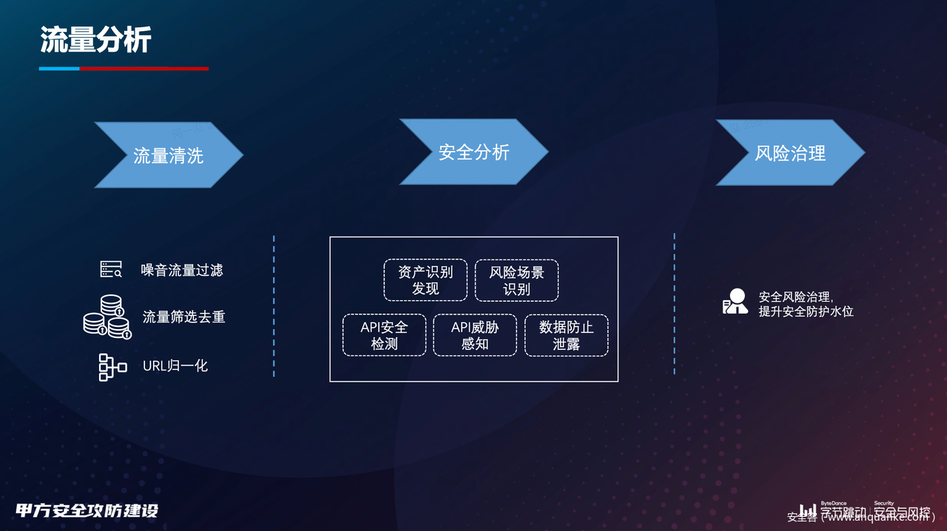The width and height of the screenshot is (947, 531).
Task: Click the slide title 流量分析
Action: tap(95, 40)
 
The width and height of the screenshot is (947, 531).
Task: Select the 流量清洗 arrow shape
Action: tap(169, 155)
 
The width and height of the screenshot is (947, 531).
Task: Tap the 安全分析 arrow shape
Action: tap(473, 152)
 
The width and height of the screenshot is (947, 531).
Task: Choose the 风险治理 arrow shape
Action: tap(789, 153)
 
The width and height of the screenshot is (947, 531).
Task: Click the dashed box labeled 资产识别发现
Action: tap(425, 280)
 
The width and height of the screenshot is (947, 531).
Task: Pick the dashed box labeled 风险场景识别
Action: tap(516, 280)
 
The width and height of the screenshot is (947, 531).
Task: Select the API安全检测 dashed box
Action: tap(384, 335)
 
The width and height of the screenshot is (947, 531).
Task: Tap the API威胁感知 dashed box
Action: tap(474, 335)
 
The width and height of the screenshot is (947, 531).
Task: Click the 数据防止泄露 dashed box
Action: tap(566, 335)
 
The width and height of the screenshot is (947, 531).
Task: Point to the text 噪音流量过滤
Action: tap(182, 270)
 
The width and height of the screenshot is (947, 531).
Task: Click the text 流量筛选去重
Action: tap(183, 317)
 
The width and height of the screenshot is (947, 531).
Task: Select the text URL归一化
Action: tap(175, 365)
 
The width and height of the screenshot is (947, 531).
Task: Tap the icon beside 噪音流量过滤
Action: tap(111, 269)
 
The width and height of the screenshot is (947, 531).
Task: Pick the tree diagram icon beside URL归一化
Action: tap(112, 367)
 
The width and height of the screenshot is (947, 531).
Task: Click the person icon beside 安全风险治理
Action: tap(735, 302)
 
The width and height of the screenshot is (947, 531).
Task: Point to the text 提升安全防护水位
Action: tap(806, 311)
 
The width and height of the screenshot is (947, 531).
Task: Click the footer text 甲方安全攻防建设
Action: tap(87, 510)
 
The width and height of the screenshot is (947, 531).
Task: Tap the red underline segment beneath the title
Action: tap(144, 69)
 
